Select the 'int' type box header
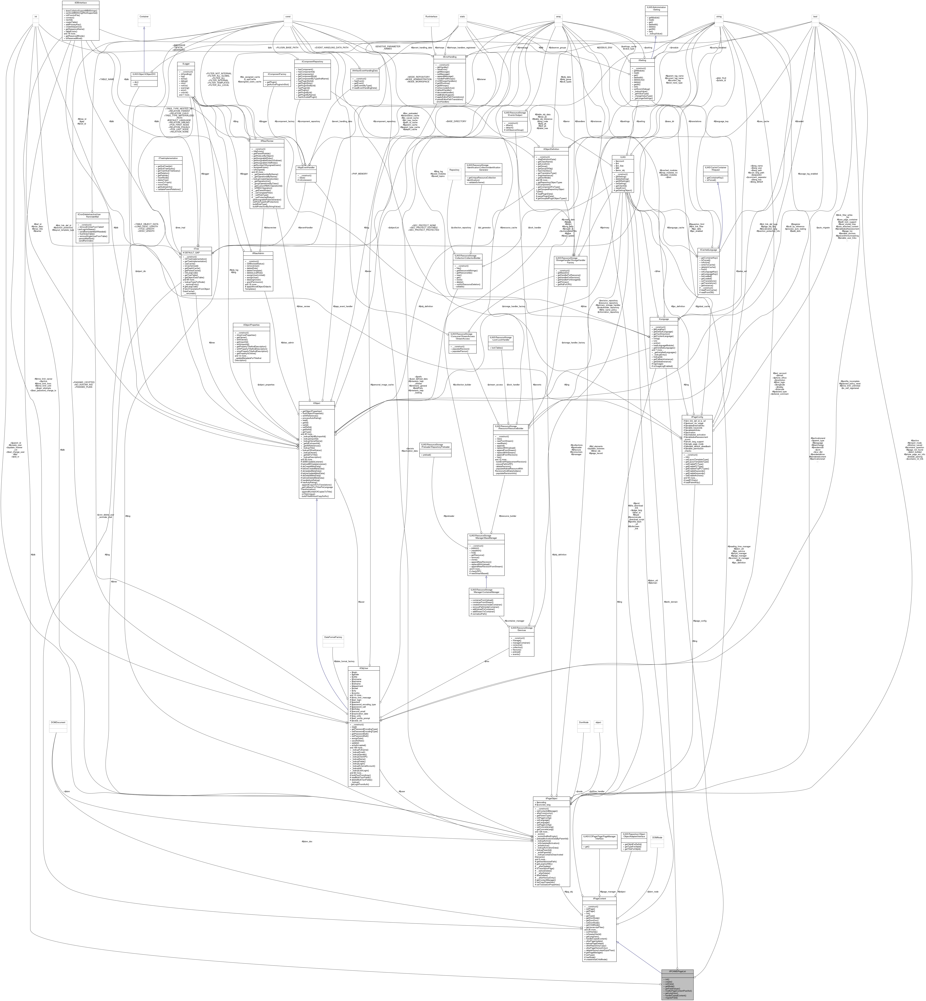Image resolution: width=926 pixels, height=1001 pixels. click(36, 16)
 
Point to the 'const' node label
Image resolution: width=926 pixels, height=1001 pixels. click(288, 16)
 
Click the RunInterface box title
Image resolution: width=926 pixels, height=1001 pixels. click(431, 16)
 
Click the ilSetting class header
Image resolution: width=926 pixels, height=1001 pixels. click(642, 60)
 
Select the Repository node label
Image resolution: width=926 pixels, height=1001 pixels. click(454, 170)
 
